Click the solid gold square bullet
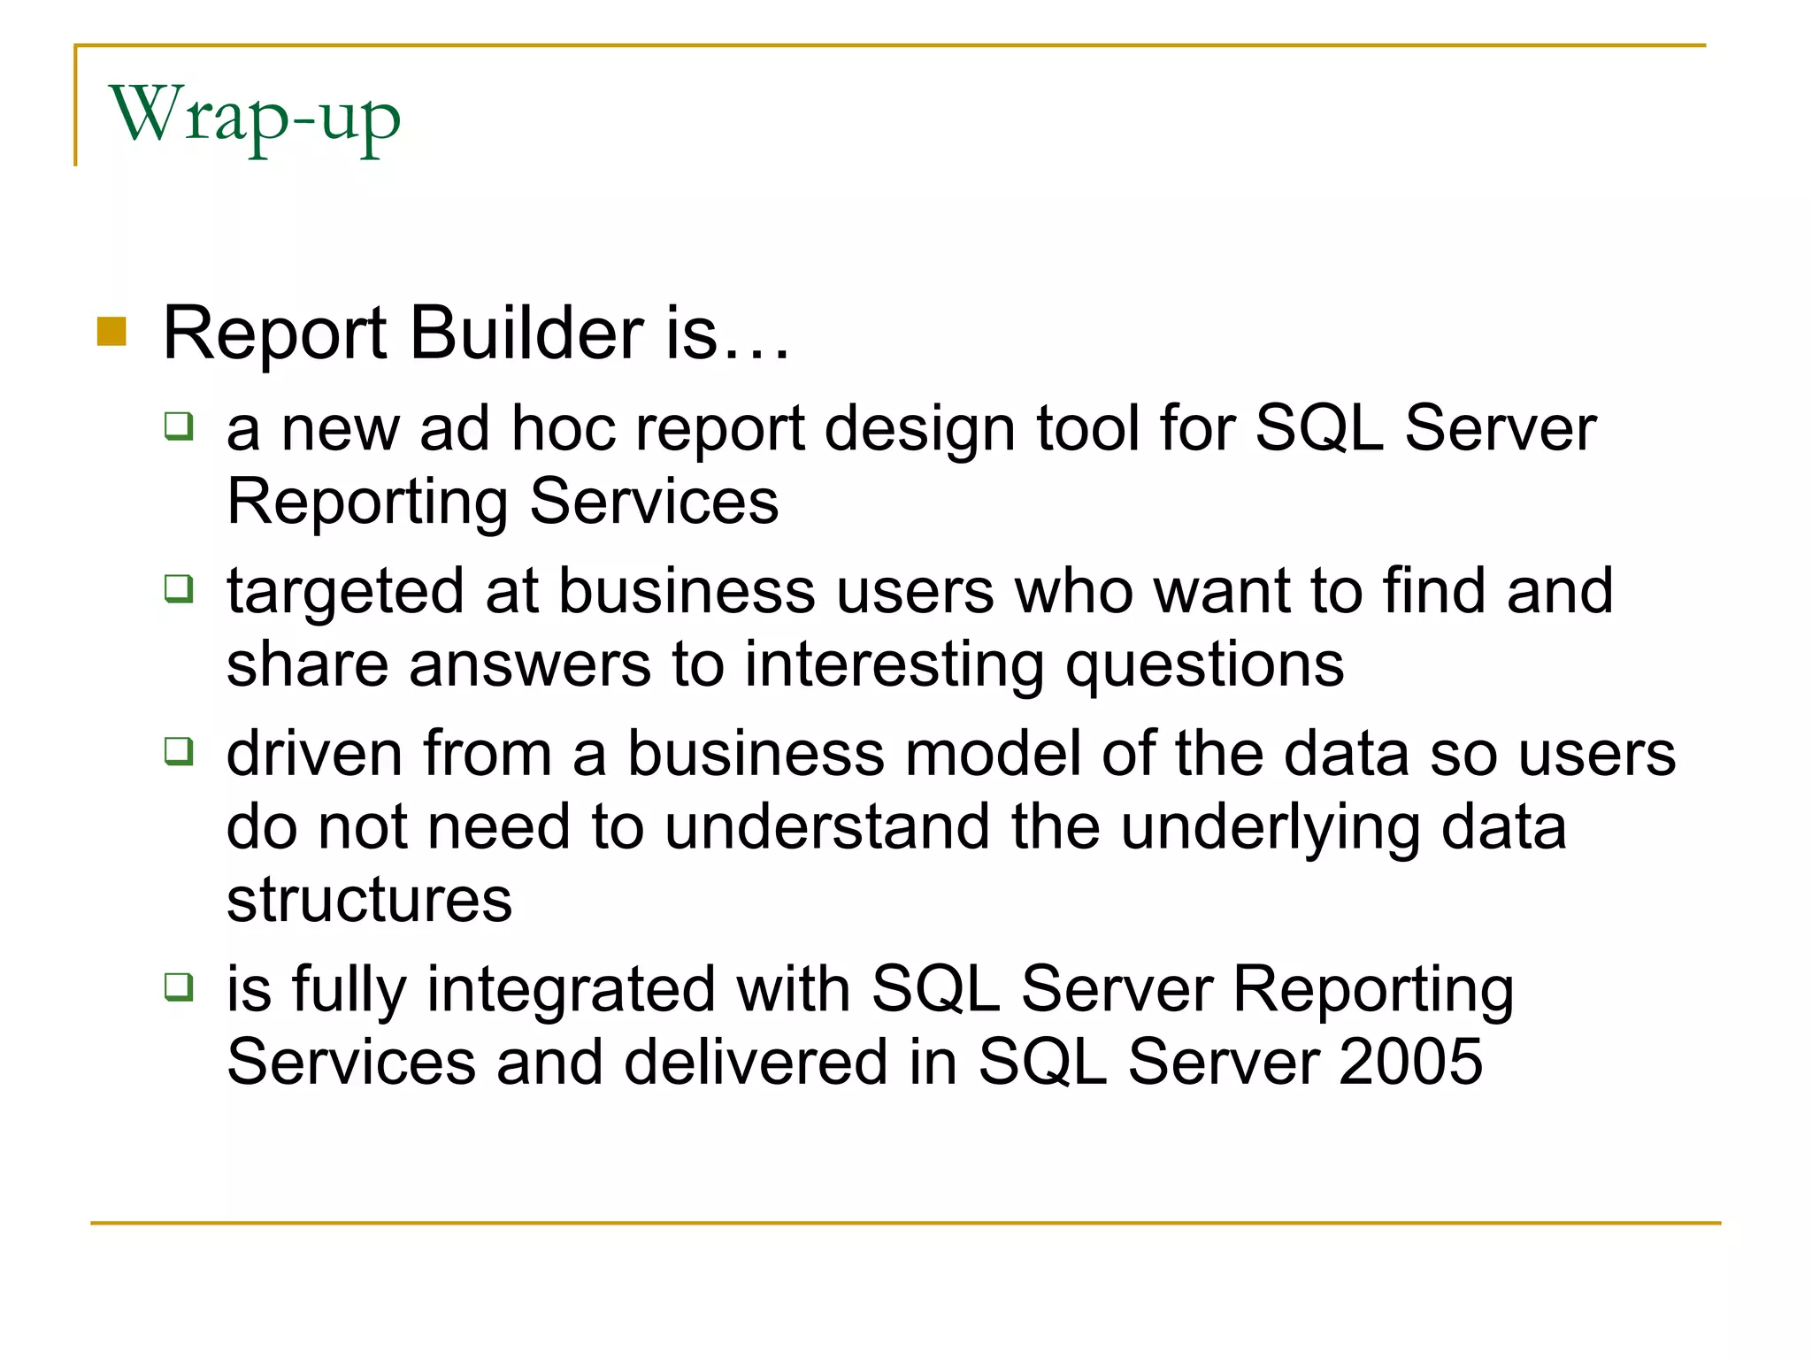[x=112, y=333]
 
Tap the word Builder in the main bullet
[x=527, y=334]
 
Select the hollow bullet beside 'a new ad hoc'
[x=179, y=426]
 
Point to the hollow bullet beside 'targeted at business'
[x=179, y=588]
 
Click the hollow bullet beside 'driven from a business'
[x=179, y=751]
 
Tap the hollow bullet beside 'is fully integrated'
[x=179, y=986]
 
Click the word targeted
[x=345, y=593]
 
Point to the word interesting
[x=894, y=665]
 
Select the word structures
[x=369, y=901]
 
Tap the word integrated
[x=571, y=991]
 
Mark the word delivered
[x=756, y=1062]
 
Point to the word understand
[x=826, y=828]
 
